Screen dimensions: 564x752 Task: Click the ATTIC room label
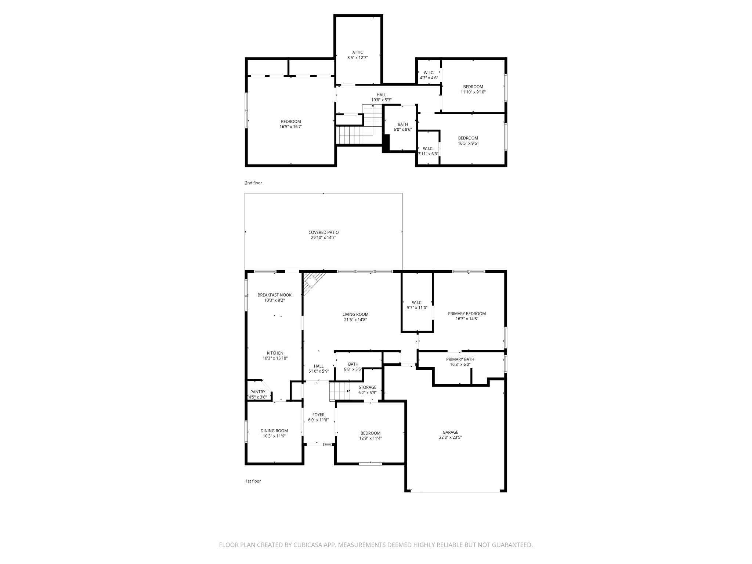pyautogui.click(x=357, y=53)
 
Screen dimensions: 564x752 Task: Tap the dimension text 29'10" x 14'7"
pyautogui.click(x=323, y=238)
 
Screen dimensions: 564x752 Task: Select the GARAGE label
pyautogui.click(x=450, y=432)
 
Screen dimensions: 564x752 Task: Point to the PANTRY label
pyautogui.click(x=258, y=392)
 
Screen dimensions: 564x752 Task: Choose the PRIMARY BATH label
pyautogui.click(x=460, y=359)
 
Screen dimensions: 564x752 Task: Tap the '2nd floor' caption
pyautogui.click(x=253, y=183)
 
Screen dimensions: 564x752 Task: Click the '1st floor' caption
pyautogui.click(x=253, y=481)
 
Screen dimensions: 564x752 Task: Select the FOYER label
pyautogui.click(x=318, y=415)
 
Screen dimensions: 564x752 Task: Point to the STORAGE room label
pyautogui.click(x=367, y=387)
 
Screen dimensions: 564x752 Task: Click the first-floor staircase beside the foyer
pyautogui.click(x=339, y=391)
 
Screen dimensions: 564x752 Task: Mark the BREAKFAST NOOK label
pyautogui.click(x=274, y=295)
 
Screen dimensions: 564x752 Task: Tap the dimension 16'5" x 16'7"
pyautogui.click(x=291, y=127)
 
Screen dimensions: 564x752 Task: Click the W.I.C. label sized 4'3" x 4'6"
pyautogui.click(x=429, y=73)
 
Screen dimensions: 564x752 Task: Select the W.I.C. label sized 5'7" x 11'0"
pyautogui.click(x=417, y=303)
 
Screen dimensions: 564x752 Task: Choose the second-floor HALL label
pyautogui.click(x=381, y=95)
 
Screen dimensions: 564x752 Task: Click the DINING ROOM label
pyautogui.click(x=274, y=431)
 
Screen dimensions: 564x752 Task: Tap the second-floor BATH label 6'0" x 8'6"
pyautogui.click(x=402, y=124)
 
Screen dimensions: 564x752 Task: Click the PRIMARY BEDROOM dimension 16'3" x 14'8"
pyautogui.click(x=467, y=319)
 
